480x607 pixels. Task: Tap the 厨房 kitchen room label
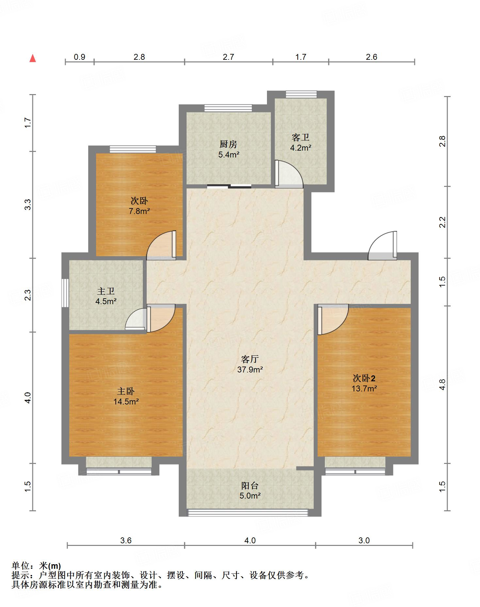coord(228,149)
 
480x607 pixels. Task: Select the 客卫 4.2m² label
coord(301,142)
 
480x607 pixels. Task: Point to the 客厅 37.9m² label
coord(250,364)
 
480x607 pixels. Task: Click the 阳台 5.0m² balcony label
coord(250,490)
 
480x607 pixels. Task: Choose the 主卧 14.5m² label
coord(126,396)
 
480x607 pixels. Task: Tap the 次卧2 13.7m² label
coord(364,383)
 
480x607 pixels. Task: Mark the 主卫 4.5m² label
coord(106,296)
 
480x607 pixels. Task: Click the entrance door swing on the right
coord(383,245)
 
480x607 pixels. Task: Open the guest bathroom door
coord(289,174)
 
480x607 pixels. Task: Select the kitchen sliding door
coord(229,187)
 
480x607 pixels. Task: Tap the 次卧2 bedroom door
coord(333,319)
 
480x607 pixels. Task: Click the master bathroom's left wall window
coord(65,293)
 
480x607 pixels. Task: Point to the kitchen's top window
coord(228,108)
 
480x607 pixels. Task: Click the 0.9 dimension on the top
coord(79,57)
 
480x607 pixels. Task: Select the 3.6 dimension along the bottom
coord(126,540)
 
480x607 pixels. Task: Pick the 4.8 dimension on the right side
coord(442,384)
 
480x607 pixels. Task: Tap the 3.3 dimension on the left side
coord(28,205)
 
